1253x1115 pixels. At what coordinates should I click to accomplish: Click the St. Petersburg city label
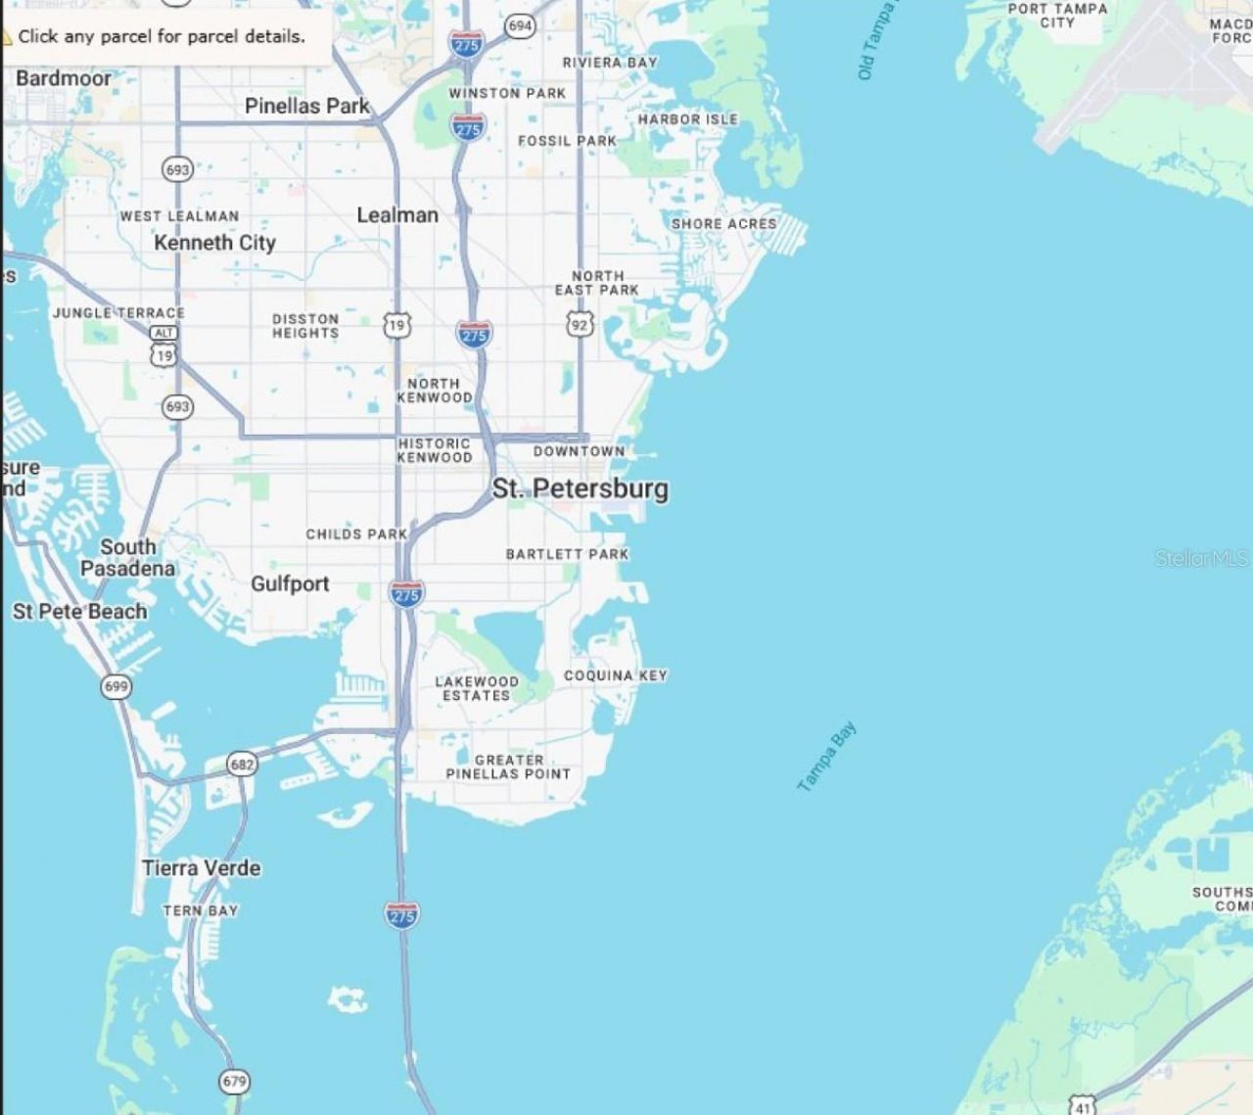point(580,488)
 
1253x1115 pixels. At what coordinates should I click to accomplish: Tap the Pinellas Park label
point(306,106)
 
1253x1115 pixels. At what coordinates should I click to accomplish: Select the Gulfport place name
point(290,583)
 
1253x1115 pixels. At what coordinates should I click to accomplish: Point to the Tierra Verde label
point(202,867)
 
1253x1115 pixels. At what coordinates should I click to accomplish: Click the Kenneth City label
point(214,243)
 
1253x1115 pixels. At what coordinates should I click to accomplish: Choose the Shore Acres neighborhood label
point(723,223)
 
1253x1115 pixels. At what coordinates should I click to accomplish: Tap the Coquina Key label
point(615,675)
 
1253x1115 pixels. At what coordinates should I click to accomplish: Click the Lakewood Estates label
point(477,688)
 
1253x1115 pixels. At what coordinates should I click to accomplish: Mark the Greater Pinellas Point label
point(508,767)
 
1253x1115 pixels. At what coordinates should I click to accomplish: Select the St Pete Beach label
point(79,612)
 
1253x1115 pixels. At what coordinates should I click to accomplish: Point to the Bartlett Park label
point(567,554)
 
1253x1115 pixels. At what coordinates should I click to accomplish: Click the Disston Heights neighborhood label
point(305,326)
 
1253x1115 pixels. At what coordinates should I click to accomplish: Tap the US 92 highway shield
point(580,323)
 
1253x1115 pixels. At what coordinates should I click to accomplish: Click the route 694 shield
point(520,25)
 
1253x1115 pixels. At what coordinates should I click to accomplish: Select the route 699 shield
point(116,686)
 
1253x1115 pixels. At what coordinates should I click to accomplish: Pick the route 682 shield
point(242,764)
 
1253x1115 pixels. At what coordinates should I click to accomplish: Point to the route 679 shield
point(234,1082)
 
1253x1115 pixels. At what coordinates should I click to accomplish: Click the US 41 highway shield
point(1082,1106)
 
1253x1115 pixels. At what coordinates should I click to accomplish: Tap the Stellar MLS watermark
point(1201,558)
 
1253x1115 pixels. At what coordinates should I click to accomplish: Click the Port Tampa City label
point(1057,15)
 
